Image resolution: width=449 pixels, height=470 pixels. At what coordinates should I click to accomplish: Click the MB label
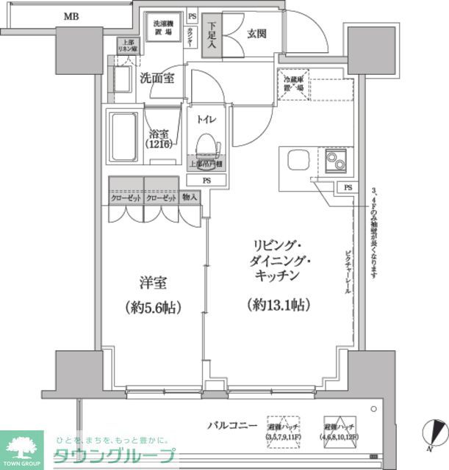(71, 15)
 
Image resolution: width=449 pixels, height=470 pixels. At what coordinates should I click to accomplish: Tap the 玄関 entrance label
(256, 33)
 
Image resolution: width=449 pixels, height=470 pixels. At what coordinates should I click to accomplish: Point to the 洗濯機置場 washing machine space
(163, 29)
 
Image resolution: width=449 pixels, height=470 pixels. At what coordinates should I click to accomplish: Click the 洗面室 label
(157, 79)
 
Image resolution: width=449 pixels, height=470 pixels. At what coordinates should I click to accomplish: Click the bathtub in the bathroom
(123, 139)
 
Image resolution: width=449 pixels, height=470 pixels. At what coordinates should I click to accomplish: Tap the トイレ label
(206, 116)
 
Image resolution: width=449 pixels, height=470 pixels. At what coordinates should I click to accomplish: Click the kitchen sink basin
(298, 160)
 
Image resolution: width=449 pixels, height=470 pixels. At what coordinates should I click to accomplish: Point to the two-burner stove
(337, 160)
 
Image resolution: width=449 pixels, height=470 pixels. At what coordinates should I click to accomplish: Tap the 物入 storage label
(190, 198)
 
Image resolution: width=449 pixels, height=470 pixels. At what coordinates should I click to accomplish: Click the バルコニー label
(231, 424)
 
